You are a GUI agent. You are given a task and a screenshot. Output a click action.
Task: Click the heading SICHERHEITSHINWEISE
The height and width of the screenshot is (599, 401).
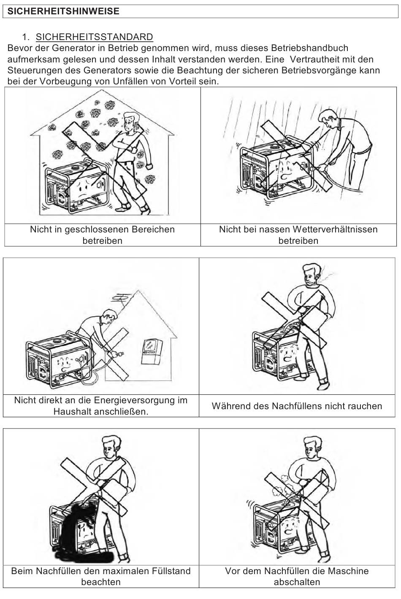63,11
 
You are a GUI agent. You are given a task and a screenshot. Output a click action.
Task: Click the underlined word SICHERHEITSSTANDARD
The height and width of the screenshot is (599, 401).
95,37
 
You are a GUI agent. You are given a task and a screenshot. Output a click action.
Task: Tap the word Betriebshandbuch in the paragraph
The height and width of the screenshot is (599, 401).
310,48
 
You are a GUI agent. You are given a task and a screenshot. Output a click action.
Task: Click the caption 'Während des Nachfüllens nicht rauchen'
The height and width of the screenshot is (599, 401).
297,406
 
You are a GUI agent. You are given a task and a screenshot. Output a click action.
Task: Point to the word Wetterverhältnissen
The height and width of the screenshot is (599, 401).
335,229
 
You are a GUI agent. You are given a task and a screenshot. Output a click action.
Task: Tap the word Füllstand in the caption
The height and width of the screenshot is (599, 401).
171,571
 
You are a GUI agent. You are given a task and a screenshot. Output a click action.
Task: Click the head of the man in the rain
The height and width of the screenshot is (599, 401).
328,118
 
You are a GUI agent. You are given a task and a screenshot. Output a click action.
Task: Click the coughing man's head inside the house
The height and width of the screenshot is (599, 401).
131,121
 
